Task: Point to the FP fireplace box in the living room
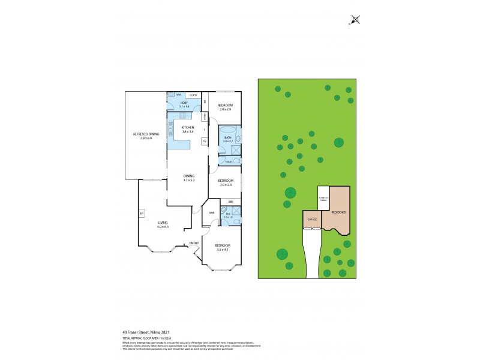pyautogui.click(x=142, y=214)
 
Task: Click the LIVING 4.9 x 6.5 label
pyautogui.click(x=163, y=224)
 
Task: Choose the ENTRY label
pyautogui.click(x=194, y=243)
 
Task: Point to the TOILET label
pyautogui.click(x=229, y=161)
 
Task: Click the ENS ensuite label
pyautogui.click(x=228, y=215)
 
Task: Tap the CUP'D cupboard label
pyautogui.click(x=193, y=95)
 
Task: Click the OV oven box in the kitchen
pyautogui.click(x=205, y=141)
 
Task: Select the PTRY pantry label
pyautogui.click(x=205, y=116)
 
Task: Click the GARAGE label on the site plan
pyautogui.click(x=312, y=220)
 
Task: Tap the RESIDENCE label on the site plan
pyautogui.click(x=339, y=212)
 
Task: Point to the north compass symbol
pyautogui.click(x=355, y=20)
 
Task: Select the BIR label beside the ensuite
pyautogui.click(x=230, y=202)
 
